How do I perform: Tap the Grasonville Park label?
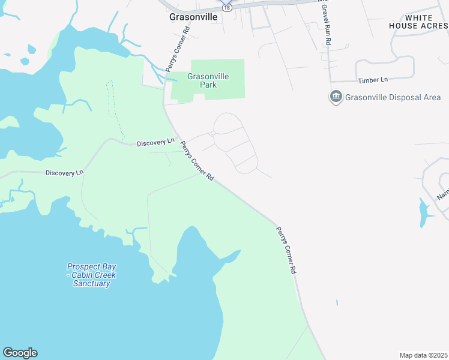[x=202, y=80]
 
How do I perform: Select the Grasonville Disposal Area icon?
[x=336, y=97]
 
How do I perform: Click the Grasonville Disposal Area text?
[x=393, y=97]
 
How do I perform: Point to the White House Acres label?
[x=418, y=22]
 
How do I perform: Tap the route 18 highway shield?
[x=226, y=7]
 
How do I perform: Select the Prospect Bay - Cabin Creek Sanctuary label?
[x=91, y=275]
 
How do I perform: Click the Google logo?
[x=20, y=353]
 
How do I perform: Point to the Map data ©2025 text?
[x=423, y=355]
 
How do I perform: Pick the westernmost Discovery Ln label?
[x=64, y=173]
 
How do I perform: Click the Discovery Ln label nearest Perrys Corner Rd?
[x=155, y=143]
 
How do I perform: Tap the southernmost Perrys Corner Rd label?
[x=286, y=250]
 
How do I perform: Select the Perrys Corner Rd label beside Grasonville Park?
[x=178, y=57]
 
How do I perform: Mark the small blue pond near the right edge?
[x=424, y=212]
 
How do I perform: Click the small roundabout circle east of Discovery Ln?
[x=212, y=133]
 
